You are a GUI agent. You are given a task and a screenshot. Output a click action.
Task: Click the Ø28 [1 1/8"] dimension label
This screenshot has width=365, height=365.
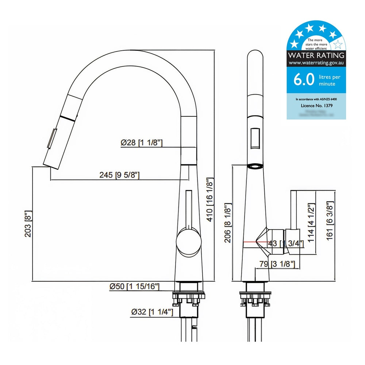pyautogui.click(x=141, y=143)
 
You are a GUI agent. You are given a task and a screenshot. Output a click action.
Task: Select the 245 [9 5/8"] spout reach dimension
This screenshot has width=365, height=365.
pyautogui.click(x=120, y=175)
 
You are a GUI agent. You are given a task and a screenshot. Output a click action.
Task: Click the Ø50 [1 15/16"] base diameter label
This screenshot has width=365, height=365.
pyautogui.click(x=134, y=287)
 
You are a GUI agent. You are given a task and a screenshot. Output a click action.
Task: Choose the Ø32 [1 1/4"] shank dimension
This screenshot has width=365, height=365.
pyautogui.click(x=152, y=312)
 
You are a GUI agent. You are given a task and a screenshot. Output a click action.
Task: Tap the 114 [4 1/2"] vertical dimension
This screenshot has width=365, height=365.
pyautogui.click(x=311, y=221)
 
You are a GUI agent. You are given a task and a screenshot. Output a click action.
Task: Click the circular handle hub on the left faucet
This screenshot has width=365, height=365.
pyautogui.click(x=188, y=242)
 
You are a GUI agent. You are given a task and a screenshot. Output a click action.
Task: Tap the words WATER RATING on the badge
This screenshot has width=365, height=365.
pyautogui.click(x=316, y=55)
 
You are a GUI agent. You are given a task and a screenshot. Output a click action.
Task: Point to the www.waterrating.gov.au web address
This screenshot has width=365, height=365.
pyautogui.click(x=316, y=63)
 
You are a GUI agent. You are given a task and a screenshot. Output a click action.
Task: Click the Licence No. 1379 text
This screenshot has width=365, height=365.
pyautogui.click(x=316, y=105)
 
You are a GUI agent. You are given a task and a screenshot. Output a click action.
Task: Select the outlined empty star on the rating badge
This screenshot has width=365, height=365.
pyautogui.click(x=338, y=45)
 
